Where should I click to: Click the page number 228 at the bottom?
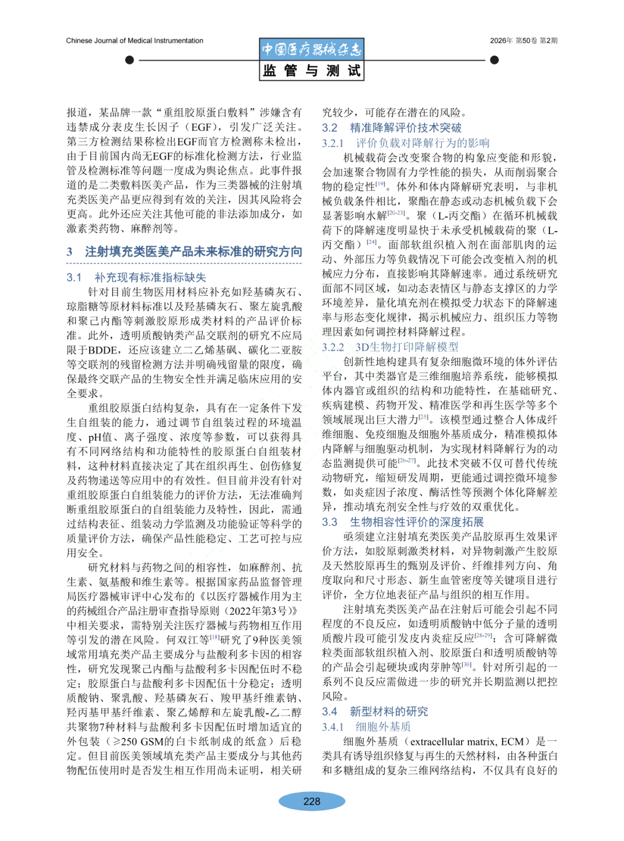coord(311,801)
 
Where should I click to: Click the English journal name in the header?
coord(135,40)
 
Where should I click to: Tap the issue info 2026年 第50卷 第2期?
coord(523,40)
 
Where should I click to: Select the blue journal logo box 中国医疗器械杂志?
coord(311,49)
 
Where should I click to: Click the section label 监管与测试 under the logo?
coord(311,71)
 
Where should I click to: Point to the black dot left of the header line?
coord(129,60)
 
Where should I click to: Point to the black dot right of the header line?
coord(494,60)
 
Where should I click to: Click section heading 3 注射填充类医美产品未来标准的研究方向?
coord(184,251)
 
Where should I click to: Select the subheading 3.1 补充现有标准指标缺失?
coord(136,277)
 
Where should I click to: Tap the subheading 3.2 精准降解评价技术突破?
coord(392,128)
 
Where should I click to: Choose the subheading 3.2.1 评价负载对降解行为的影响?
coord(406,143)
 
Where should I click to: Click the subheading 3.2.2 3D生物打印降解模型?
coord(391,347)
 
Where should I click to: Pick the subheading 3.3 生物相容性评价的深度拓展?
coord(403,522)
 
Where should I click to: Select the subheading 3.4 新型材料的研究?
coord(375,712)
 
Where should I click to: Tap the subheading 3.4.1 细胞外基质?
coord(366,727)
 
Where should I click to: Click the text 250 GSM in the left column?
coord(144,742)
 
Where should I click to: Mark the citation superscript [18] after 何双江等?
coord(215,638)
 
